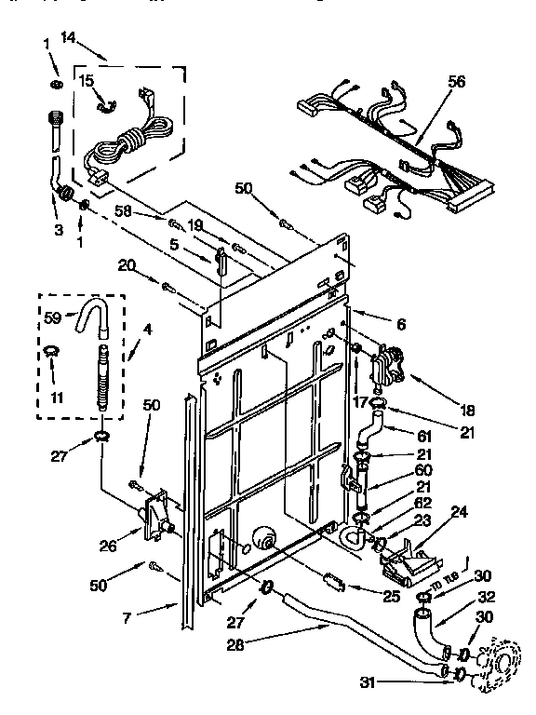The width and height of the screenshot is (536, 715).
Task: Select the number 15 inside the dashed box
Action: [86, 81]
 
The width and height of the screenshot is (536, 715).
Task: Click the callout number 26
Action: [109, 546]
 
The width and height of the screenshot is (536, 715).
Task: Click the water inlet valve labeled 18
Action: [390, 364]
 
